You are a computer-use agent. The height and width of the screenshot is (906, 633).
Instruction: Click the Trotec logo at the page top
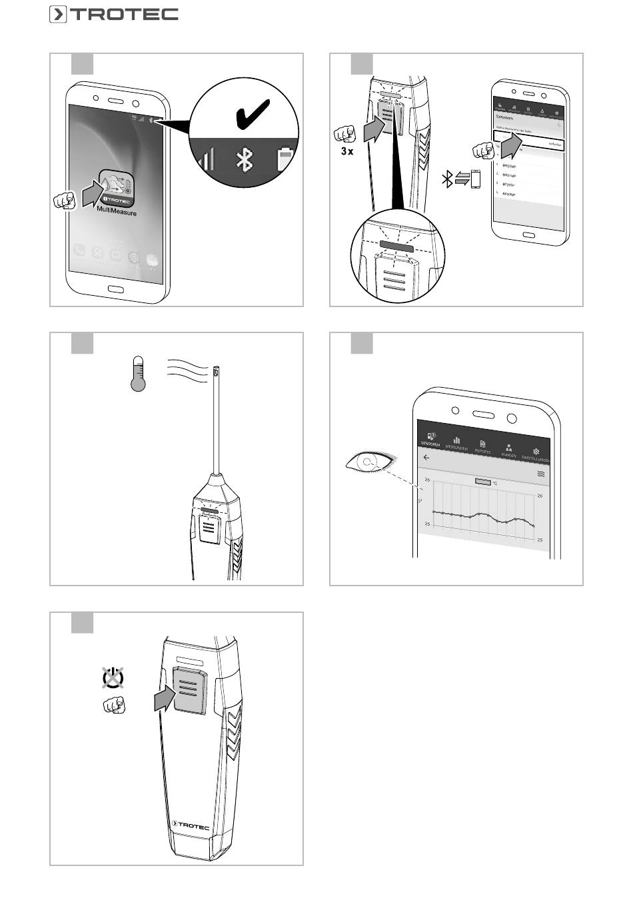(x=113, y=14)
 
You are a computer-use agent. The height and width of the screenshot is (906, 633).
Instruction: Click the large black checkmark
(x=253, y=114)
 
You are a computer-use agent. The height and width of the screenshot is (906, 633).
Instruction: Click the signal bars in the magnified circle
(x=207, y=159)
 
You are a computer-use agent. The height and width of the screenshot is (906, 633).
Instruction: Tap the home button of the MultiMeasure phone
(x=117, y=290)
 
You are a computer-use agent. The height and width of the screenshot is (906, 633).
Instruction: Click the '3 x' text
(x=347, y=151)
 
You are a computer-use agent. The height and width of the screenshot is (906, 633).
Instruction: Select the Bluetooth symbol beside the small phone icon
(x=448, y=179)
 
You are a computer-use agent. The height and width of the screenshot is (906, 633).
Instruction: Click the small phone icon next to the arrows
(x=476, y=179)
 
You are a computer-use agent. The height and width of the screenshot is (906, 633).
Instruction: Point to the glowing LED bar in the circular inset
(x=396, y=244)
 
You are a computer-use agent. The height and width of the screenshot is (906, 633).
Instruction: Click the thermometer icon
(x=138, y=374)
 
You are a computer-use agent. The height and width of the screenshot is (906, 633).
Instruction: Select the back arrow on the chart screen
(x=426, y=458)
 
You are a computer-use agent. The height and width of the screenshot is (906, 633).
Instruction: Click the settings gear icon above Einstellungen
(x=536, y=452)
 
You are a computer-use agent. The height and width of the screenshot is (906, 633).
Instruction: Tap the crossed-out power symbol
(x=113, y=677)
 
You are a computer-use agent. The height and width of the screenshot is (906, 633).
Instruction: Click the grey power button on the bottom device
(x=189, y=690)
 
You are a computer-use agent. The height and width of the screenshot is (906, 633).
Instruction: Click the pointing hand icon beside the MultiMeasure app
(x=65, y=200)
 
